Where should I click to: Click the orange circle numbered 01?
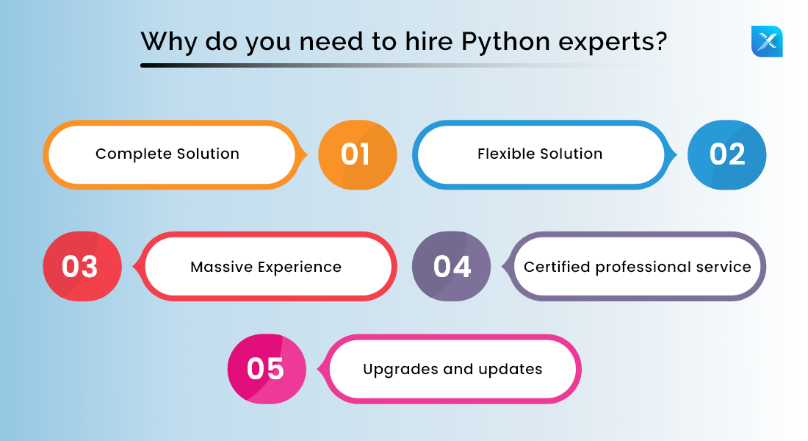click(357, 155)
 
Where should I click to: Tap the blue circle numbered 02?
click(726, 155)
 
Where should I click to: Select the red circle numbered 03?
click(82, 266)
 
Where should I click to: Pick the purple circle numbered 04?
click(451, 266)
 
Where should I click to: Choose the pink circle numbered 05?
click(266, 369)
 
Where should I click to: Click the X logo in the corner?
click(767, 41)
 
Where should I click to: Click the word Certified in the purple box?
click(557, 267)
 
